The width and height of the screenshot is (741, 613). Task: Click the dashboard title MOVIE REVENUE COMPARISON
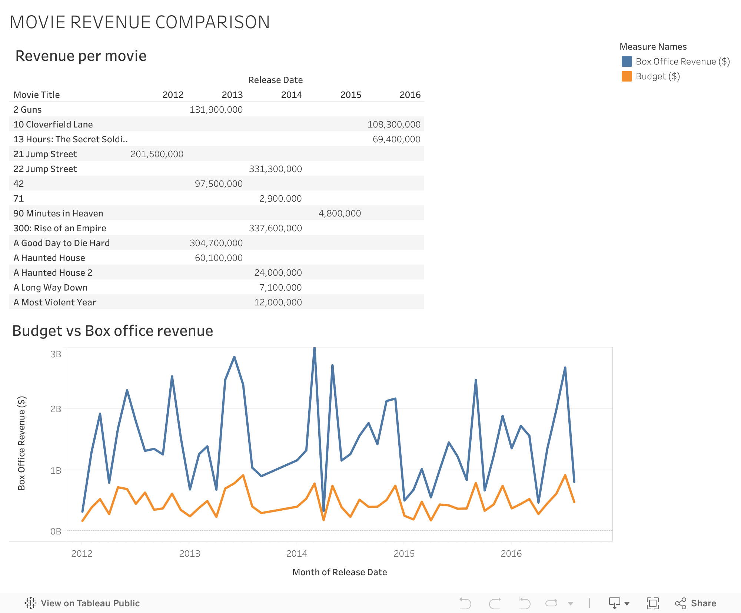tap(140, 22)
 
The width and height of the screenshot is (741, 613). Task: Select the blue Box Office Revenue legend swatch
tap(627, 62)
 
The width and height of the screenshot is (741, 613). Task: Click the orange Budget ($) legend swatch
tap(627, 76)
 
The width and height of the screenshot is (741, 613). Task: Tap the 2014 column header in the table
tap(291, 95)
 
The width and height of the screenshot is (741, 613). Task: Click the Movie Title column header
tap(37, 95)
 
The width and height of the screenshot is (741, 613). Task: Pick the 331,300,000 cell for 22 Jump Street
tap(275, 169)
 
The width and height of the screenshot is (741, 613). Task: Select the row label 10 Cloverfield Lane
tap(53, 125)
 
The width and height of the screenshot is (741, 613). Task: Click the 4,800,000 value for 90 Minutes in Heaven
tap(339, 213)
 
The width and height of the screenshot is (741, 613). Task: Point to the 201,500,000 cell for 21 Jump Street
tap(157, 154)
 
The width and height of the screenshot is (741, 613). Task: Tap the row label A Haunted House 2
tap(53, 273)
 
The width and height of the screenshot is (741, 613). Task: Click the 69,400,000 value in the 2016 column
tap(396, 139)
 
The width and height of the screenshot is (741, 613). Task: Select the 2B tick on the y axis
tap(56, 409)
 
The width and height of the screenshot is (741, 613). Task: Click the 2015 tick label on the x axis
tap(404, 554)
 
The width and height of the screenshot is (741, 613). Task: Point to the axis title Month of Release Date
tap(339, 572)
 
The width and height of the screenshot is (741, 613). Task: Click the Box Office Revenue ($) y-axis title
tap(21, 443)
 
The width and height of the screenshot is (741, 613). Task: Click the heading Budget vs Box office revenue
tap(113, 331)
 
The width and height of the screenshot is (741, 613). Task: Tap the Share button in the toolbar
tap(695, 603)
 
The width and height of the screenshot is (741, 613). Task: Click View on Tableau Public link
tap(82, 603)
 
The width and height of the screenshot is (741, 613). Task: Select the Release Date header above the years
tap(275, 80)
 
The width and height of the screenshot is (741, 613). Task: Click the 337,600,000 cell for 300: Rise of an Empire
tap(275, 228)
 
